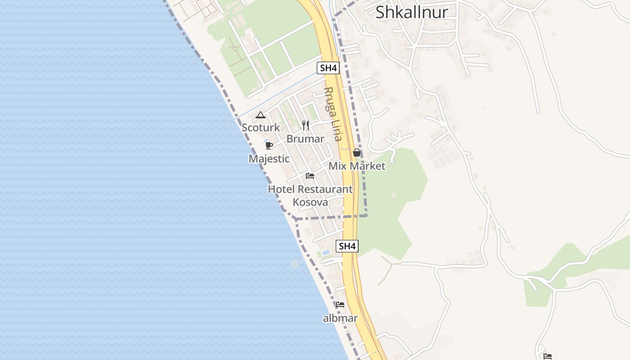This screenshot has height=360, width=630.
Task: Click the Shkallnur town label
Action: pyautogui.click(x=412, y=12)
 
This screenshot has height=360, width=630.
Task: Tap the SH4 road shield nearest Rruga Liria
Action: pyautogui.click(x=328, y=68)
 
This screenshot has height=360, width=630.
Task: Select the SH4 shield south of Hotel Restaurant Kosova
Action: pyautogui.click(x=347, y=246)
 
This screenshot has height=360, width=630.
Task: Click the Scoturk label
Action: pyautogui.click(x=261, y=127)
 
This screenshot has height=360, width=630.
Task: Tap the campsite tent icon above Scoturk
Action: pyautogui.click(x=260, y=115)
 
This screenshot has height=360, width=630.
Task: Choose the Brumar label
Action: pyautogui.click(x=305, y=139)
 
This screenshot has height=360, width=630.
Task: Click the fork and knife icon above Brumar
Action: pyautogui.click(x=306, y=126)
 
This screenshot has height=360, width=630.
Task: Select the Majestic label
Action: pyautogui.click(x=269, y=158)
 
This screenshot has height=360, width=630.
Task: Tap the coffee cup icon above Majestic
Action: pyautogui.click(x=269, y=145)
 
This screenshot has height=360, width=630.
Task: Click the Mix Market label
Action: pyautogui.click(x=357, y=166)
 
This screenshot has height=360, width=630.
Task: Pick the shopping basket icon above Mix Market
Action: pyautogui.click(x=357, y=153)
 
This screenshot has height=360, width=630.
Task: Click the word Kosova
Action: pyautogui.click(x=310, y=202)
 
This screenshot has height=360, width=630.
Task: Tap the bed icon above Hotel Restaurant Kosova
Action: pyautogui.click(x=310, y=176)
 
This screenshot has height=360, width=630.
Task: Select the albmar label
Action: pyautogui.click(x=340, y=318)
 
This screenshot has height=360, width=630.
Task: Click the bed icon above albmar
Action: pyautogui.click(x=340, y=305)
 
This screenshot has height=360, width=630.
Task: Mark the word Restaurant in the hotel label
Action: pyautogui.click(x=325, y=189)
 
